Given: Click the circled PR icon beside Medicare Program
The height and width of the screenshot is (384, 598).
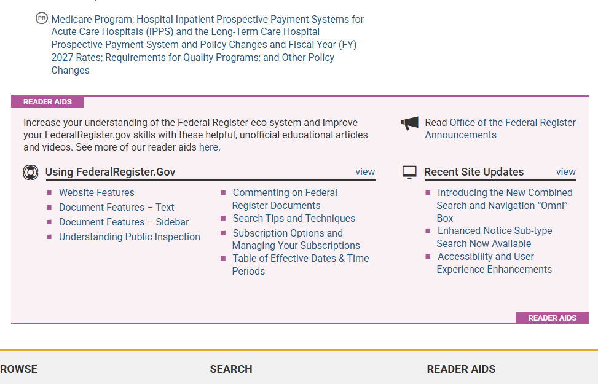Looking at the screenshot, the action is click(42, 18).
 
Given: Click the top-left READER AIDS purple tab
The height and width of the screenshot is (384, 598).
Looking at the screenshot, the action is click(47, 102).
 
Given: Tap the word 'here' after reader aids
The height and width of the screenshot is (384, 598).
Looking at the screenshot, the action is click(208, 147).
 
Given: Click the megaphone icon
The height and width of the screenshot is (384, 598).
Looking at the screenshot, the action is click(409, 123).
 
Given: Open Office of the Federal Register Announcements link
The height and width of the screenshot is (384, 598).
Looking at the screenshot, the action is click(500, 128).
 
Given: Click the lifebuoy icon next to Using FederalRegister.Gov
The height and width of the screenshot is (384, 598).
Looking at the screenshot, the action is click(31, 173).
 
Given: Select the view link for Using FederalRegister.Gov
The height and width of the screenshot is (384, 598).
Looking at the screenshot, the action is click(365, 172).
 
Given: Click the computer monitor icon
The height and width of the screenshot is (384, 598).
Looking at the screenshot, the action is click(409, 173).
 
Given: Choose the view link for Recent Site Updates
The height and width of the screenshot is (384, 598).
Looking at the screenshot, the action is click(565, 172).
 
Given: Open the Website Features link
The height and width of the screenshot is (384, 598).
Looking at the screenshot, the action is click(96, 192).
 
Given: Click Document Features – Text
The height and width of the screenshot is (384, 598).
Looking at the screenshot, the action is click(116, 208).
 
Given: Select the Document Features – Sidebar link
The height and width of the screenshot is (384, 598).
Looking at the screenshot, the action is click(124, 222).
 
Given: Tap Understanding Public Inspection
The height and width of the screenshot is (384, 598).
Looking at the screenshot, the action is click(129, 237).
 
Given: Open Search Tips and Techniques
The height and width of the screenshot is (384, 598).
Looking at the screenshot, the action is click(294, 219).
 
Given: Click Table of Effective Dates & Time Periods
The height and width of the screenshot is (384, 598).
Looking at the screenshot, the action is click(301, 265).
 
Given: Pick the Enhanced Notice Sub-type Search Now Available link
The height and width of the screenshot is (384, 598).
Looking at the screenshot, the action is click(494, 237).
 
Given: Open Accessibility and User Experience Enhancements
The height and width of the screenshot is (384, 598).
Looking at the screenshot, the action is click(494, 263).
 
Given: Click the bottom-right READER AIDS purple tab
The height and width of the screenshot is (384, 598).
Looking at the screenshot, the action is click(553, 318).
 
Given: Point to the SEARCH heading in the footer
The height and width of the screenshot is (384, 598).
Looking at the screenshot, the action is click(231, 369).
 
